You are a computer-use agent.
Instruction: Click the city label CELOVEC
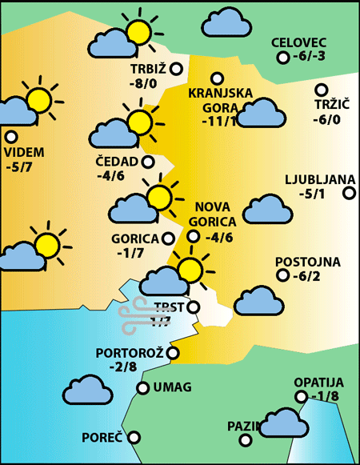(300, 42)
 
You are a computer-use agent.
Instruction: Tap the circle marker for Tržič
(322, 90)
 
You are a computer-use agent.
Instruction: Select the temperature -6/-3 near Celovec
(310, 57)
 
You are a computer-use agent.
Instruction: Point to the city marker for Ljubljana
(349, 192)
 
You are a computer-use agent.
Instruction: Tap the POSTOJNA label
(308, 262)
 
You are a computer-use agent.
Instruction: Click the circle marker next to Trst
(192, 307)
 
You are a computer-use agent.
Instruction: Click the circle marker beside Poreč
(134, 437)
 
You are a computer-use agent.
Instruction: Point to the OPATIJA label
(318, 383)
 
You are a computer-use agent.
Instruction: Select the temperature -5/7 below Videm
(18, 167)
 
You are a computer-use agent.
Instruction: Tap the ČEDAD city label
(117, 162)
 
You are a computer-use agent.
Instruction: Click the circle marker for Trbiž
(176, 68)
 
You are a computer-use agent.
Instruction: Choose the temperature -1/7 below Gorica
(130, 253)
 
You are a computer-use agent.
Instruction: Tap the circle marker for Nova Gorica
(193, 235)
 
